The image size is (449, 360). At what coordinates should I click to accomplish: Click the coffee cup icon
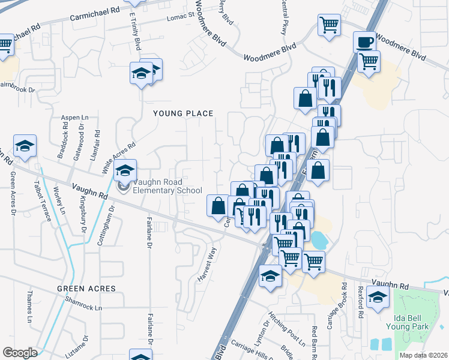click(364, 42)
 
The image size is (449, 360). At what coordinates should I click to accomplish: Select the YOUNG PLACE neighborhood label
click(183, 113)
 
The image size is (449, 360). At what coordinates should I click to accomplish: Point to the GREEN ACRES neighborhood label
click(86, 289)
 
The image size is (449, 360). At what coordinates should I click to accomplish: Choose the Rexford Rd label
click(360, 305)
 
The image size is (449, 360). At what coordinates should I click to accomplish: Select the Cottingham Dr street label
click(109, 220)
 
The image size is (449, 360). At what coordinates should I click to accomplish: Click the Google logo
click(20, 353)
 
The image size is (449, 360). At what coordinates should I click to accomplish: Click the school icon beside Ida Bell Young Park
click(378, 297)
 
